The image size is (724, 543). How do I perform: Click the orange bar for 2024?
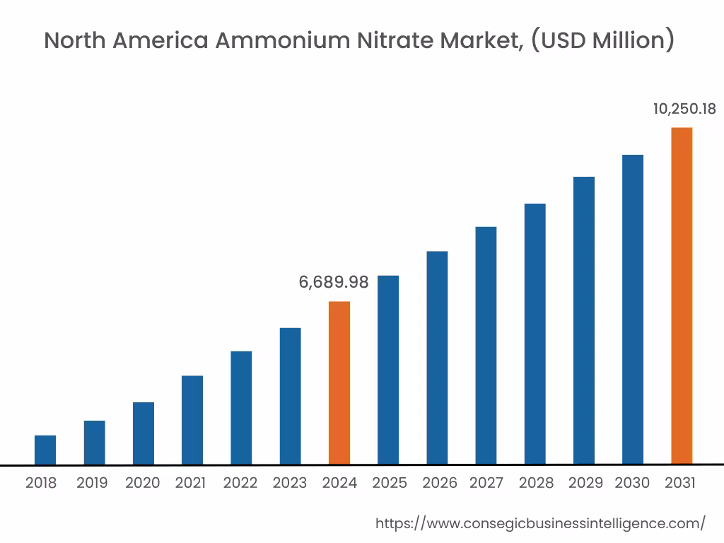339,383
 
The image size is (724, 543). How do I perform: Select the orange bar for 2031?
682,296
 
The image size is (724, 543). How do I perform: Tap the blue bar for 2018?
45,450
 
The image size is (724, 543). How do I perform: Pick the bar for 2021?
192,420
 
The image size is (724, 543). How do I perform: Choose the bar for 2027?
486,346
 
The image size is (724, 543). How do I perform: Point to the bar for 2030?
633,310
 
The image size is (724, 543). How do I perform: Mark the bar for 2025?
388,370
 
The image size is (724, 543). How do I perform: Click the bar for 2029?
584,320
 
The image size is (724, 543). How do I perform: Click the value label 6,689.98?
334,282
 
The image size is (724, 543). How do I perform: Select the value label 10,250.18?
684,109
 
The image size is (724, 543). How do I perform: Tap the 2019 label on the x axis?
92,484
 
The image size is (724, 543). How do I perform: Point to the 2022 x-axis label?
240,484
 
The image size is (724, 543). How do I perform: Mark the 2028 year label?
536,484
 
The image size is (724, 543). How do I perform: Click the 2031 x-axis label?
681,484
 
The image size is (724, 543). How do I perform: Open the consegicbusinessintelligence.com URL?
540,523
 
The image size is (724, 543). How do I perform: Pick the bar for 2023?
290,396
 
